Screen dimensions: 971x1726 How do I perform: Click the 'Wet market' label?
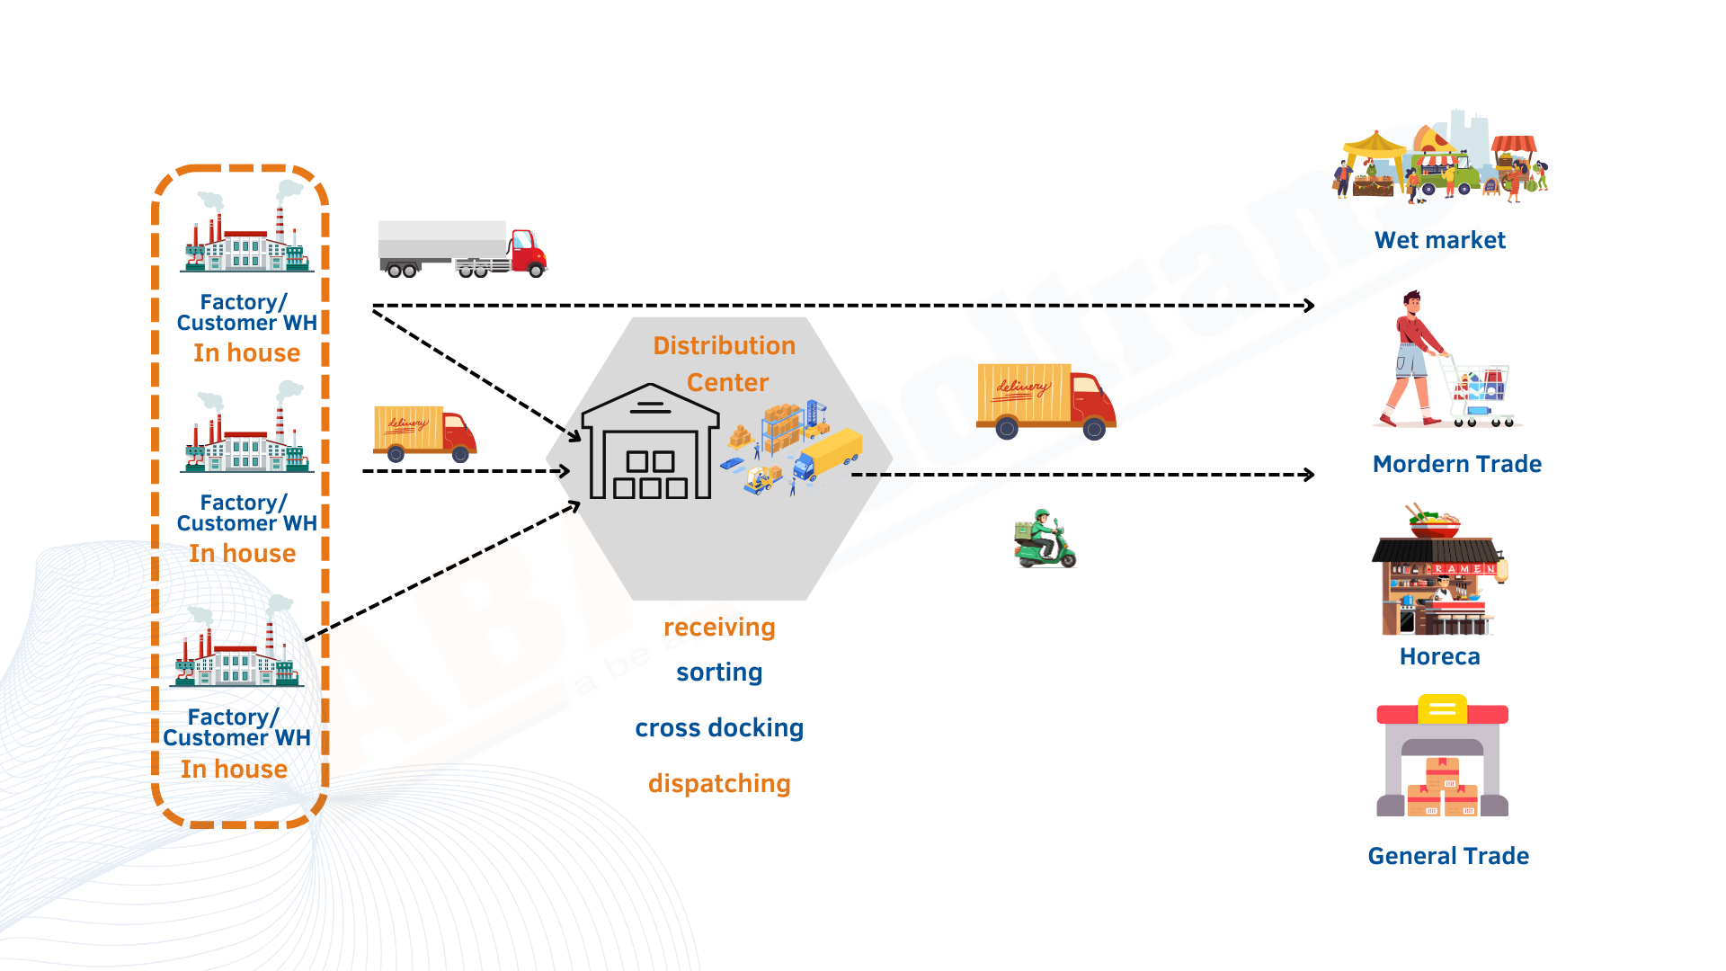pyautogui.click(x=1439, y=240)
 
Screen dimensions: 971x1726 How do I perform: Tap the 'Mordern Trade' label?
pyautogui.click(x=1456, y=464)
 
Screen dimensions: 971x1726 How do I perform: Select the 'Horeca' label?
pyautogui.click(x=1439, y=656)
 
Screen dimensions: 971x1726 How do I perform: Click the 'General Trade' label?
pyautogui.click(x=1448, y=856)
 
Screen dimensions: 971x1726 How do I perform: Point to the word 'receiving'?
pyautogui.click(x=719, y=628)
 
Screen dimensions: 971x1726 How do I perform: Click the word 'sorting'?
pyautogui.click(x=719, y=673)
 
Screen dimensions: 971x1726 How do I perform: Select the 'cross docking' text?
pyautogui.click(x=719, y=728)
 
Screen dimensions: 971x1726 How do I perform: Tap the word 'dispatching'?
pyautogui.click(x=719, y=784)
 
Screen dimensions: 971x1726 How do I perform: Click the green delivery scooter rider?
pyautogui.click(x=1045, y=539)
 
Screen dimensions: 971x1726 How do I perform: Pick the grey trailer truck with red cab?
pyautogui.click(x=462, y=248)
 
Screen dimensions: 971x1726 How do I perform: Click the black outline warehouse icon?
pyautogui.click(x=650, y=442)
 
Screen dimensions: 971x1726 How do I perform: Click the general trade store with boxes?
pyautogui.click(x=1442, y=757)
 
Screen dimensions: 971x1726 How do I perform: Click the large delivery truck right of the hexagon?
pyautogui.click(x=1045, y=401)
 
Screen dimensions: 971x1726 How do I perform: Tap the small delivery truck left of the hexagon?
pyautogui.click(x=424, y=433)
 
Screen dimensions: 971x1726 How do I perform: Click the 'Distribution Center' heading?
pyautogui.click(x=725, y=364)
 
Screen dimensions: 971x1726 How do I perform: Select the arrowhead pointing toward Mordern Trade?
pyautogui.click(x=1310, y=475)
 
